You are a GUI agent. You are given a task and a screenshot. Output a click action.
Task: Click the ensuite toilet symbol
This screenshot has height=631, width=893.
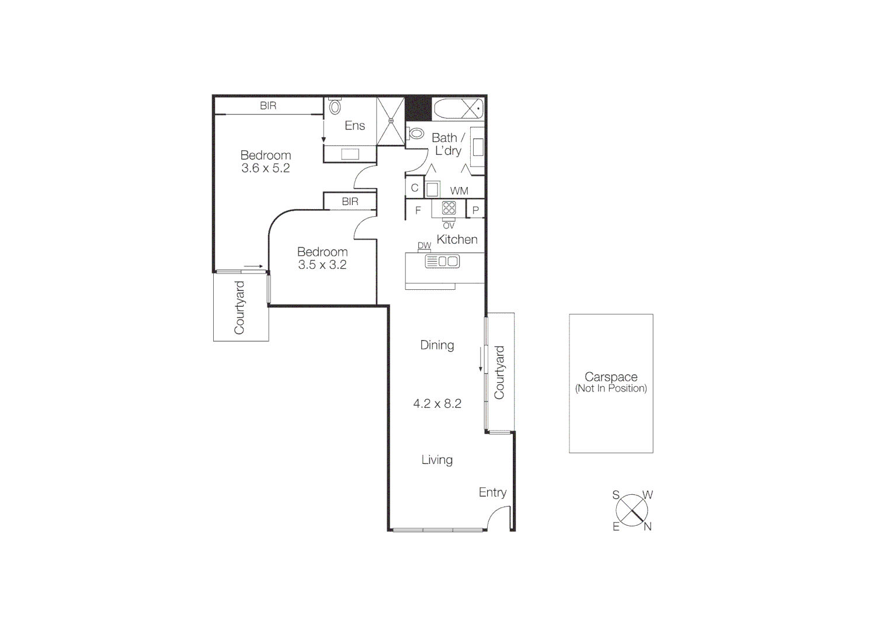tap(335, 107)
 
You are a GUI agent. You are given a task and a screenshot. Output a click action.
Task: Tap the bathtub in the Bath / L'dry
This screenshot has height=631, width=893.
tap(457, 109)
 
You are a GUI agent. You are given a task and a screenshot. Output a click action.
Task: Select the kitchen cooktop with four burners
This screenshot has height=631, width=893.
tap(449, 208)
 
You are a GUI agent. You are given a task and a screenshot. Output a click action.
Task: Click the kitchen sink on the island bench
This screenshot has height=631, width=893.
tap(442, 262)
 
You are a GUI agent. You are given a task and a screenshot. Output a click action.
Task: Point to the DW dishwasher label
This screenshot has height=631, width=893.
tap(424, 245)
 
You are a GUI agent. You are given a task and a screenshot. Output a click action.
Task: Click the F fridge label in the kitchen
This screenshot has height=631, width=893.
tap(418, 210)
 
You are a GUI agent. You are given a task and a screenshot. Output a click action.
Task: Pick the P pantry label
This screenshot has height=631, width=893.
tap(475, 210)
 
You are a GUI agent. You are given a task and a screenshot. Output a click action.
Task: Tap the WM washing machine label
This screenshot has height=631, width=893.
tap(459, 191)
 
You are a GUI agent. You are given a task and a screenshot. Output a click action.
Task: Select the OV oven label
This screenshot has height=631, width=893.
tap(449, 226)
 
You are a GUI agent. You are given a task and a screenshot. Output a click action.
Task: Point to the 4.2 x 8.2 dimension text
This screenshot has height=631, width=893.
tap(437, 404)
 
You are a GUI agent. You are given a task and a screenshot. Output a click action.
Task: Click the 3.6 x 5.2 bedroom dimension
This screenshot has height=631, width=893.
tap(265, 168)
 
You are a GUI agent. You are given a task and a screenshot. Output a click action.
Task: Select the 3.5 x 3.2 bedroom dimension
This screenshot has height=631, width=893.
tap(322, 265)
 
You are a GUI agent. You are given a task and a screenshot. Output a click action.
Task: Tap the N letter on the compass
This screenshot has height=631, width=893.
tap(647, 526)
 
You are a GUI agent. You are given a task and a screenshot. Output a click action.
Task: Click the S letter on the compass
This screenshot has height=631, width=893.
tap(616, 495)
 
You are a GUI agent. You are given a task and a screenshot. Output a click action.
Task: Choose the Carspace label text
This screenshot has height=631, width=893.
tap(611, 377)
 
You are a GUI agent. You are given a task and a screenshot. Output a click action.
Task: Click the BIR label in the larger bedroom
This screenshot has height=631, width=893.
tap(268, 106)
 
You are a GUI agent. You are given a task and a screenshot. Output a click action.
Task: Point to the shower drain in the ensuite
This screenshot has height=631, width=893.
tap(391, 121)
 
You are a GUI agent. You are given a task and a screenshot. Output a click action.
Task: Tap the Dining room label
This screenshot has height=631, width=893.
tap(437, 345)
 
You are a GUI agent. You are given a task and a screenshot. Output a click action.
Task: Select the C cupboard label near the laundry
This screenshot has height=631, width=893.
tap(415, 188)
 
